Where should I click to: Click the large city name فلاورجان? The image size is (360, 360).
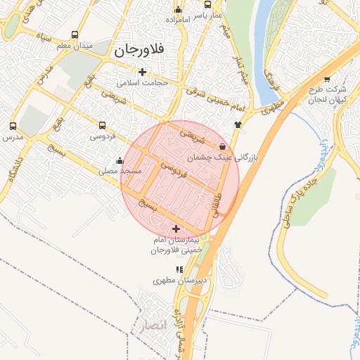[138, 51]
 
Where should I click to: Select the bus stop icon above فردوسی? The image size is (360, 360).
[102, 127]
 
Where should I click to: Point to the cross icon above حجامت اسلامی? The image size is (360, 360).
[143, 72]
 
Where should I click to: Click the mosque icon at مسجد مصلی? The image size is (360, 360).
[120, 160]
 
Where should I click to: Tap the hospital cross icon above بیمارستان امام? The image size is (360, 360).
[176, 229]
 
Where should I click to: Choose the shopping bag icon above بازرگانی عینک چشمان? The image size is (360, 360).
[223, 147]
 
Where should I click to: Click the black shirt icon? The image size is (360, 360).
[238, 124]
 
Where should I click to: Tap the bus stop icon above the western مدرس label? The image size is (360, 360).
[13, 127]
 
